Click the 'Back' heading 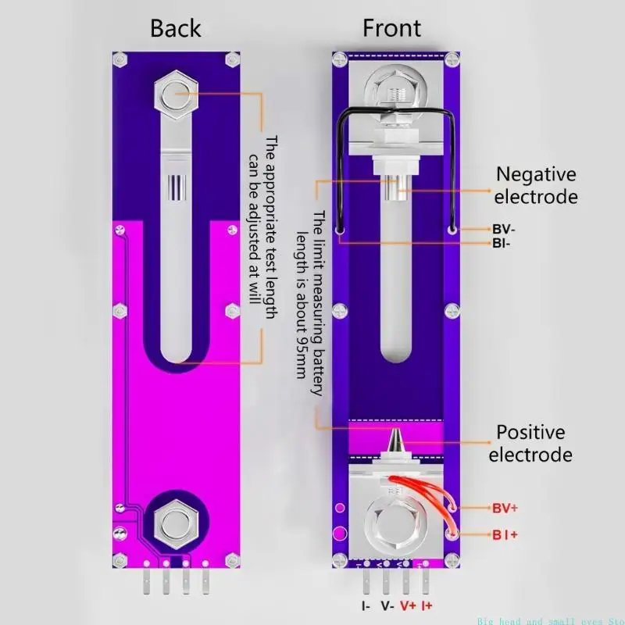pyautogui.click(x=176, y=29)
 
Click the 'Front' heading pyautogui.click(x=391, y=29)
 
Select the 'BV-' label pyautogui.click(x=503, y=230)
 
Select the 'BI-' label pyautogui.click(x=502, y=244)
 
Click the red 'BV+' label pyautogui.click(x=505, y=509)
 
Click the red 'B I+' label pyautogui.click(x=505, y=534)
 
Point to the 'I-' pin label pyautogui.click(x=366, y=605)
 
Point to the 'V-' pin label pyautogui.click(x=386, y=605)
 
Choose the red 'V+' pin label pyautogui.click(x=408, y=605)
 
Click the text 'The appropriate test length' pyautogui.click(x=271, y=227)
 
